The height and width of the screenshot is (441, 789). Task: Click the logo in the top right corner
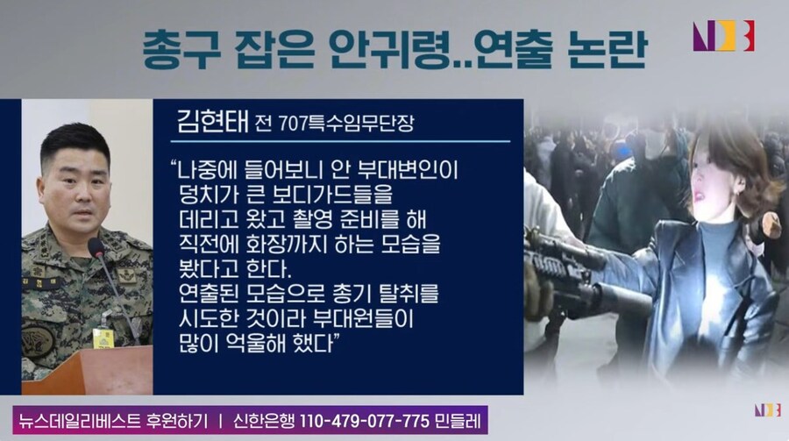723,36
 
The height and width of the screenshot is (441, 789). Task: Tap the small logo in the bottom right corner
765,409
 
